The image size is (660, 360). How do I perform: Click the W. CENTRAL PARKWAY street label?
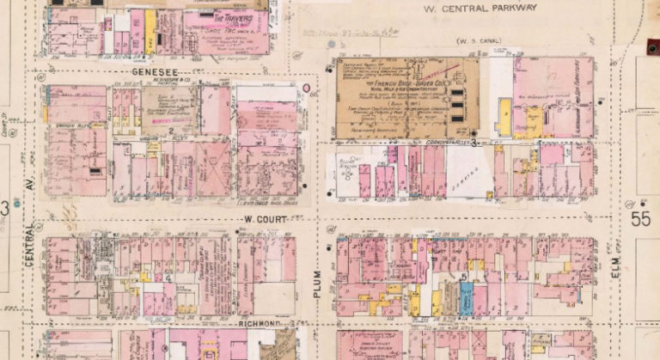click(481, 9)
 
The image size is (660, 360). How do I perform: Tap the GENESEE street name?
click(154, 72)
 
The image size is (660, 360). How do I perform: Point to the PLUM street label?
click(317, 282)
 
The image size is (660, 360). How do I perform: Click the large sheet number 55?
click(640, 218)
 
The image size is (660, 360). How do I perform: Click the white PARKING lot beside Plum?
click(469, 170)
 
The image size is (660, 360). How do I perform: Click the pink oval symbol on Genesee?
click(307, 88)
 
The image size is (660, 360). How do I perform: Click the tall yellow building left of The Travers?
click(150, 31)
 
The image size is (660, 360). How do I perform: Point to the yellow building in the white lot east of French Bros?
click(504, 117)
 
